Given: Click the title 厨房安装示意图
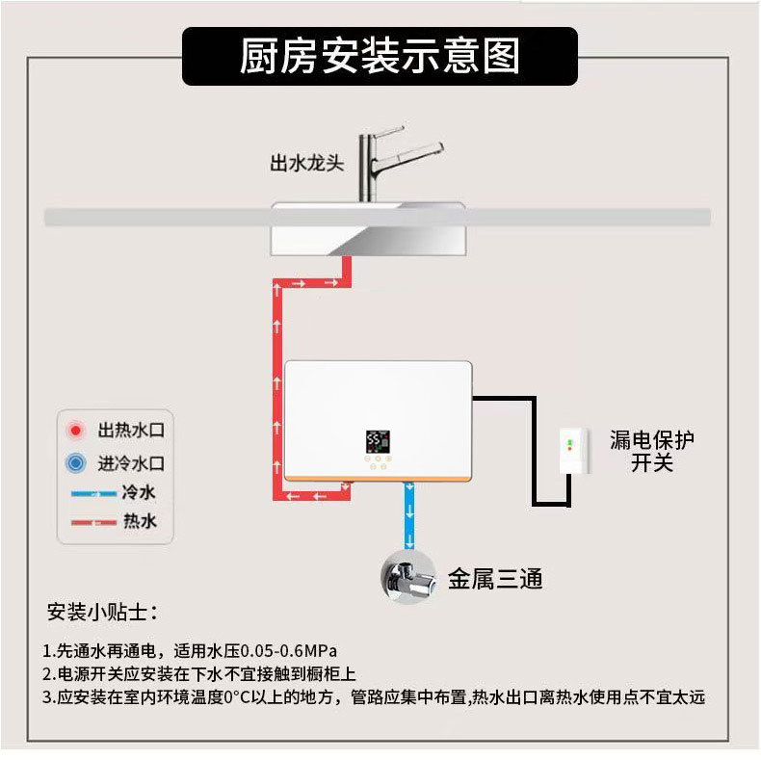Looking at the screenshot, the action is tap(380, 56).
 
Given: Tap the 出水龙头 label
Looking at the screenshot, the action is tap(306, 163).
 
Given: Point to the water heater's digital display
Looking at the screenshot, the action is tap(379, 442).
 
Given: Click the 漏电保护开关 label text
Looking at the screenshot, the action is tap(652, 451).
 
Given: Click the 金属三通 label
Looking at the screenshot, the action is tap(495, 578).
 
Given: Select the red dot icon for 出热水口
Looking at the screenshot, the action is tap(73, 430).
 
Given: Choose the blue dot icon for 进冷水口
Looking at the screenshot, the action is tap(73, 463).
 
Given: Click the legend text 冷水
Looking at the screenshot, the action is tap(139, 493).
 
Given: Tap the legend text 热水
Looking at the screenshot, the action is tap(139, 522).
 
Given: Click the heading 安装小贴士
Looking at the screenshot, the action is tap(102, 612).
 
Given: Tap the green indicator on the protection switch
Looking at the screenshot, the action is tap(568, 442).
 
